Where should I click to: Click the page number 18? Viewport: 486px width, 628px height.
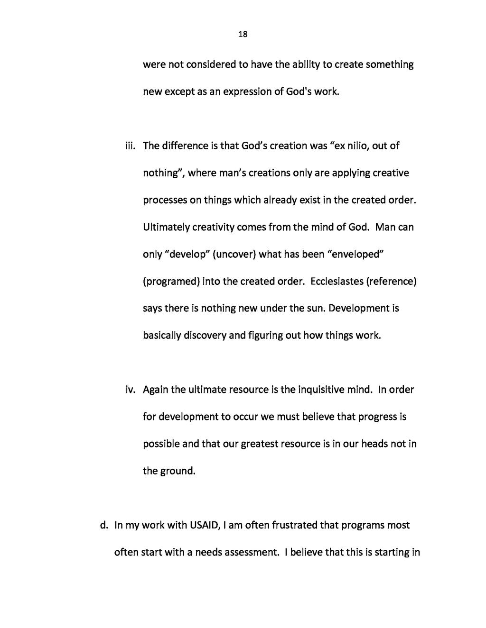coord(243,34)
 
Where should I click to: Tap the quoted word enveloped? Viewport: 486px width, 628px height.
coord(356,255)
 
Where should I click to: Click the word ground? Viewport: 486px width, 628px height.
coord(178,471)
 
